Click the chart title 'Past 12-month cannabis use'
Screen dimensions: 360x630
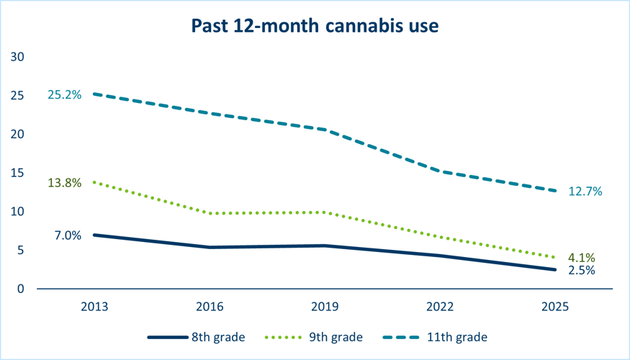[315, 26]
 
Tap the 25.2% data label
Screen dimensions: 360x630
[65, 94]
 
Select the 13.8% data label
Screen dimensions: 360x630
[65, 183]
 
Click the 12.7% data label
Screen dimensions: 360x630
[584, 192]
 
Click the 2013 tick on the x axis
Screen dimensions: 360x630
[94, 306]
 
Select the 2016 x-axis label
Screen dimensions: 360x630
[210, 306]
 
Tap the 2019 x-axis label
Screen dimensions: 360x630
[325, 306]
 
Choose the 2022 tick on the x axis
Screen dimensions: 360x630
[440, 306]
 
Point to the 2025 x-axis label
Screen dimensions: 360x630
[555, 306]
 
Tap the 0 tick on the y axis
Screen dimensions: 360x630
[21, 289]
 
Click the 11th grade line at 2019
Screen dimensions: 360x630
[325, 130]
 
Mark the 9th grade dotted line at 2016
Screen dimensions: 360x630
[210, 213]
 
